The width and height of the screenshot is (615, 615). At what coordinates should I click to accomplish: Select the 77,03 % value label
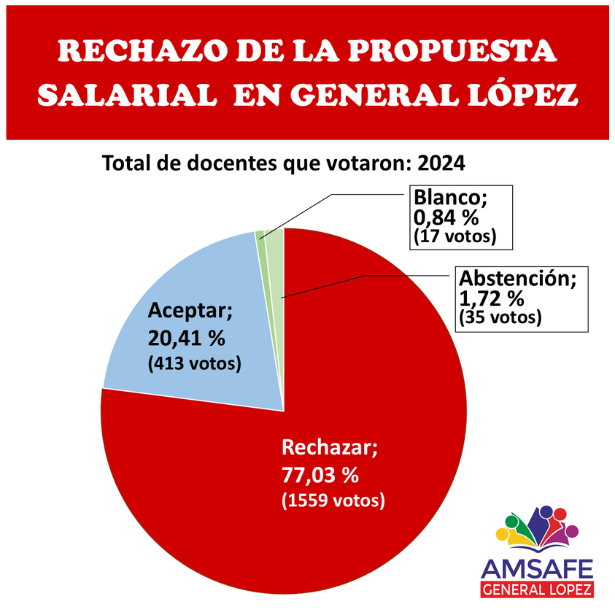pyautogui.click(x=320, y=475)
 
